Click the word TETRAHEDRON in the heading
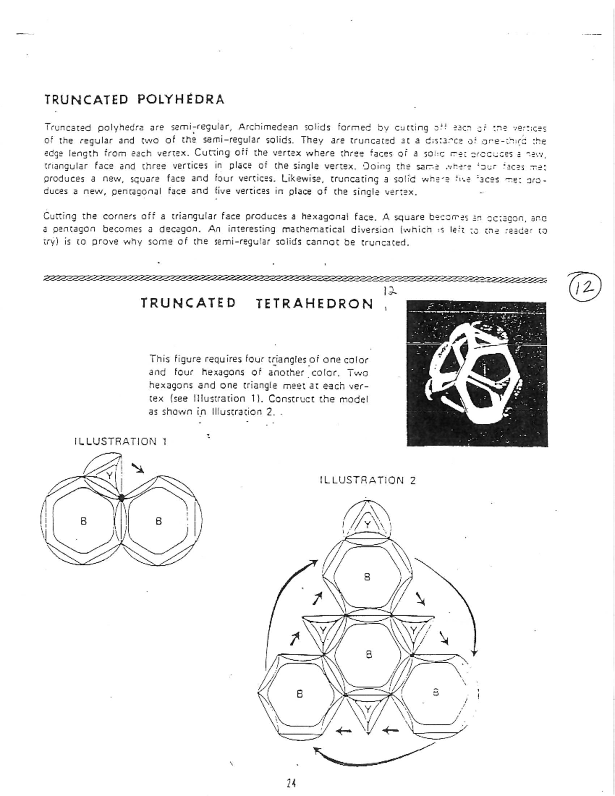click(314, 304)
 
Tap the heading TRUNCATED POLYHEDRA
click(134, 99)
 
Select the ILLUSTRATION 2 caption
click(367, 480)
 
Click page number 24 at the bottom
click(292, 783)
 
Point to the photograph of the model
click(477, 374)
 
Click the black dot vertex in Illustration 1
click(121, 497)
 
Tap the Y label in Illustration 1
click(109, 475)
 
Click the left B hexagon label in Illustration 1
click(83, 521)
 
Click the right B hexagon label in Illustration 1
click(158, 521)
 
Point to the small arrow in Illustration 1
click(137, 467)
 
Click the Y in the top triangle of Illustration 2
click(367, 524)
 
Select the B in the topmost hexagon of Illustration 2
click(367, 577)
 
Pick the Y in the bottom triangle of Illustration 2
click(368, 709)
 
